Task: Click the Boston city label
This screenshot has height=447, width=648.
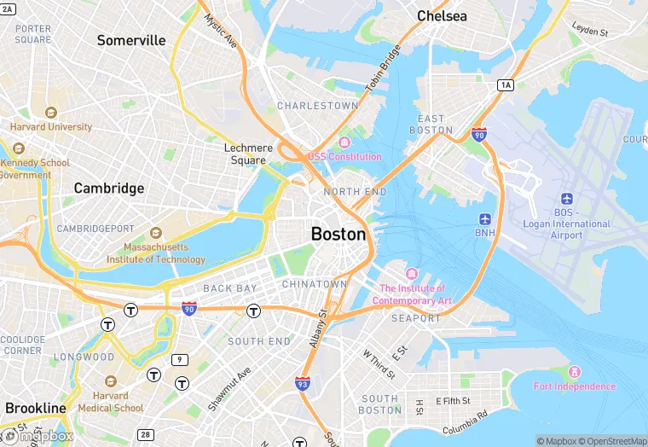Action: (338, 234)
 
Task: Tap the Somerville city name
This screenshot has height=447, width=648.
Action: (131, 40)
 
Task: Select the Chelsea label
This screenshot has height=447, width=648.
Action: (442, 16)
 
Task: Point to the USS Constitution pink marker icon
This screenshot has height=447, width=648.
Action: (344, 142)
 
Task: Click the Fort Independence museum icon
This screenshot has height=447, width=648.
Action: (575, 372)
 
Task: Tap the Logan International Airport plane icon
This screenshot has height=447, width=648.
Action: (567, 199)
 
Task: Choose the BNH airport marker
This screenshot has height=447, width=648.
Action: (485, 218)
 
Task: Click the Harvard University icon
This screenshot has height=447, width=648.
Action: (51, 113)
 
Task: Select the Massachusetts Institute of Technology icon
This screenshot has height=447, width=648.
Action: (155, 233)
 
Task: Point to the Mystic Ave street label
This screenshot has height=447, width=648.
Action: (220, 31)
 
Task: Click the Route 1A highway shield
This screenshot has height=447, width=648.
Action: (506, 84)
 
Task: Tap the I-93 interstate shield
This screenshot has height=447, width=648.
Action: (302, 384)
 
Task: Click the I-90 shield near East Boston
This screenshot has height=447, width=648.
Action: (479, 134)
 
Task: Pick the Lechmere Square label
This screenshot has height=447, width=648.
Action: (248, 154)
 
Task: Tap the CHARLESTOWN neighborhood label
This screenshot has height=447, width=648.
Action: (317, 106)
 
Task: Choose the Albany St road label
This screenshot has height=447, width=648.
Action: (317, 328)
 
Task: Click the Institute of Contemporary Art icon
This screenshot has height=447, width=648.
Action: (412, 273)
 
